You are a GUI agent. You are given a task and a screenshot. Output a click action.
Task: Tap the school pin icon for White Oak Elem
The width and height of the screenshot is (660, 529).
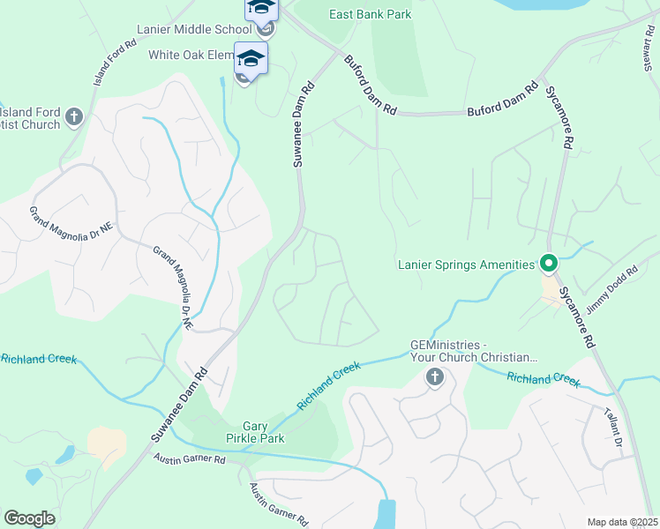251,60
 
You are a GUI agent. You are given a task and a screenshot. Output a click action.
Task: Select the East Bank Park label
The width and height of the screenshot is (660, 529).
370,14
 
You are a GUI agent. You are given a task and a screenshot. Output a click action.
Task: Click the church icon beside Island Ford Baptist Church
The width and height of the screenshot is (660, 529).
74,116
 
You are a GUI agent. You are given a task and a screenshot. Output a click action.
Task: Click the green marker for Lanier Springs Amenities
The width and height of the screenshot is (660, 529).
548,264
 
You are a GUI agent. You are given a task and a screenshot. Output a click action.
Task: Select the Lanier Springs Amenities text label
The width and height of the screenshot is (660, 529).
466,264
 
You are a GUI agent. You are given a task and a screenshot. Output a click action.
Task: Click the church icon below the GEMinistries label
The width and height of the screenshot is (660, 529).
434,378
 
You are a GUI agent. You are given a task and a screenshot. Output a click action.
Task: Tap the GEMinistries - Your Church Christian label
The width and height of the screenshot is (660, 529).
473,351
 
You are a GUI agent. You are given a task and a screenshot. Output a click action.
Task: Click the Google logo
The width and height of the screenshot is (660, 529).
30,518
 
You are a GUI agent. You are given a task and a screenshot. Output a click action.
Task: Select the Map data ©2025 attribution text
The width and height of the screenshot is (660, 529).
621,522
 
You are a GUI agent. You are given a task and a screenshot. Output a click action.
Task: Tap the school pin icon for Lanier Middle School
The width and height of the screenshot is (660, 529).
261,8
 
